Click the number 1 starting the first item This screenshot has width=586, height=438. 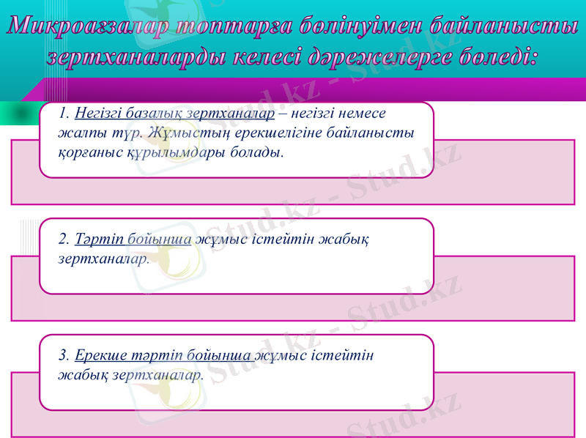coord(64,114)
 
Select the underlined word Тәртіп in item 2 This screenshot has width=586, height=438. coord(99,239)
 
